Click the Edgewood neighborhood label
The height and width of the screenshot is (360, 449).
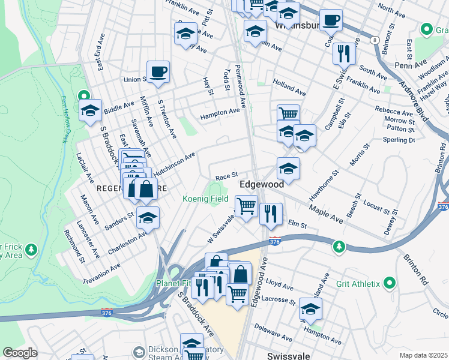click(262, 185)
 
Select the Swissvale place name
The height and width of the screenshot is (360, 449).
click(288, 355)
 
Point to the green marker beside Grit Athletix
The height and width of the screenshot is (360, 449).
click(390, 282)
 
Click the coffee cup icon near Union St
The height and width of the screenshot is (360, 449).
click(158, 72)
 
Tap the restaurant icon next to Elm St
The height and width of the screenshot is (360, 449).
click(271, 214)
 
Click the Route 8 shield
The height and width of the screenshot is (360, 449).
click(375, 40)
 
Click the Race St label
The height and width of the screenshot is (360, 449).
click(227, 177)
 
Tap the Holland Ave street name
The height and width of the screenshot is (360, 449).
click(289, 88)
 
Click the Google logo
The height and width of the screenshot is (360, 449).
click(20, 353)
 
